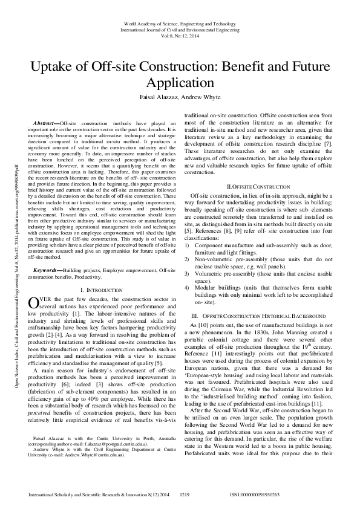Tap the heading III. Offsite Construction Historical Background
point(259,316)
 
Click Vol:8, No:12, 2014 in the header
point(180,36)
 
